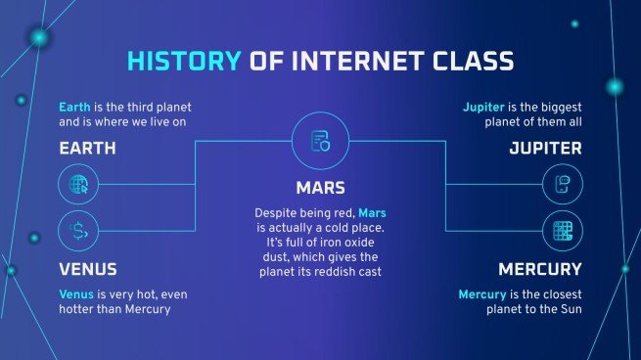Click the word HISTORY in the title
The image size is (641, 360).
183,63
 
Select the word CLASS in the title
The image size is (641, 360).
469,63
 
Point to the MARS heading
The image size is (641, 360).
320,187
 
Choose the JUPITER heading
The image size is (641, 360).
545,149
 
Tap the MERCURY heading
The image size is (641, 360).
540,269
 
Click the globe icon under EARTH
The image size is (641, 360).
77,184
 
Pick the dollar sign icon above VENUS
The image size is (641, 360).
77,232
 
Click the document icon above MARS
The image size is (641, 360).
320,142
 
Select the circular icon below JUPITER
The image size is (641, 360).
562,184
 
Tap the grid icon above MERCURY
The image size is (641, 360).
562,232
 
